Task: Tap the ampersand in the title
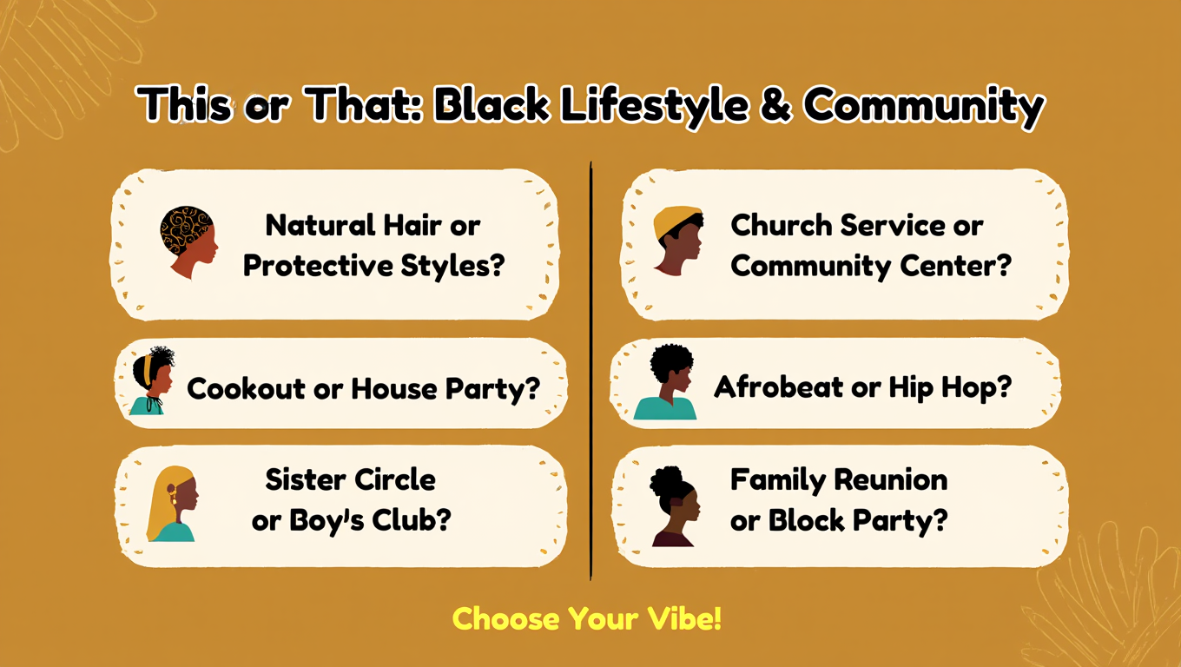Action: [x=775, y=106]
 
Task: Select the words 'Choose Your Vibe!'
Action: [x=587, y=619]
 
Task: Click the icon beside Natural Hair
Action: [x=188, y=242]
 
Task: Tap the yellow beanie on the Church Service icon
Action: [x=676, y=221]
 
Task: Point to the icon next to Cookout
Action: [x=153, y=381]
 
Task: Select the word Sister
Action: [x=306, y=479]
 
